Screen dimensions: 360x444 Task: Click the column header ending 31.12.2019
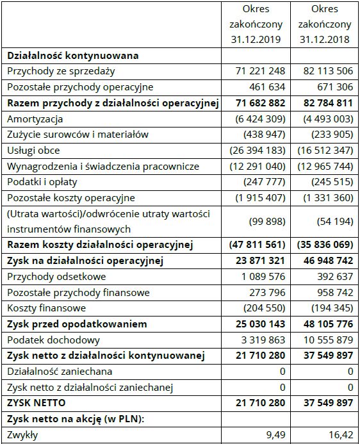tap(256, 24)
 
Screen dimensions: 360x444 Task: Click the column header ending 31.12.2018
tap(325, 24)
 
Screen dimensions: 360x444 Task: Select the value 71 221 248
tap(258, 71)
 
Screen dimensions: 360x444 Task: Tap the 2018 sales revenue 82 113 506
tap(325, 71)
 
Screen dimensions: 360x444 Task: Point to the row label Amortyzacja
tap(35, 119)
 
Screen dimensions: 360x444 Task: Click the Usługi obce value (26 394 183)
tap(256, 151)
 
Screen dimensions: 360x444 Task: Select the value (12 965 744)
tap(324, 167)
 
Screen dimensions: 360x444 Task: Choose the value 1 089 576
tap(260, 277)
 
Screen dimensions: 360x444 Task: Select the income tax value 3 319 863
tap(260, 340)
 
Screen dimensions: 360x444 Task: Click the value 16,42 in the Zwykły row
tap(340, 435)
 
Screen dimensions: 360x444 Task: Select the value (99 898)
tap(267, 221)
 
